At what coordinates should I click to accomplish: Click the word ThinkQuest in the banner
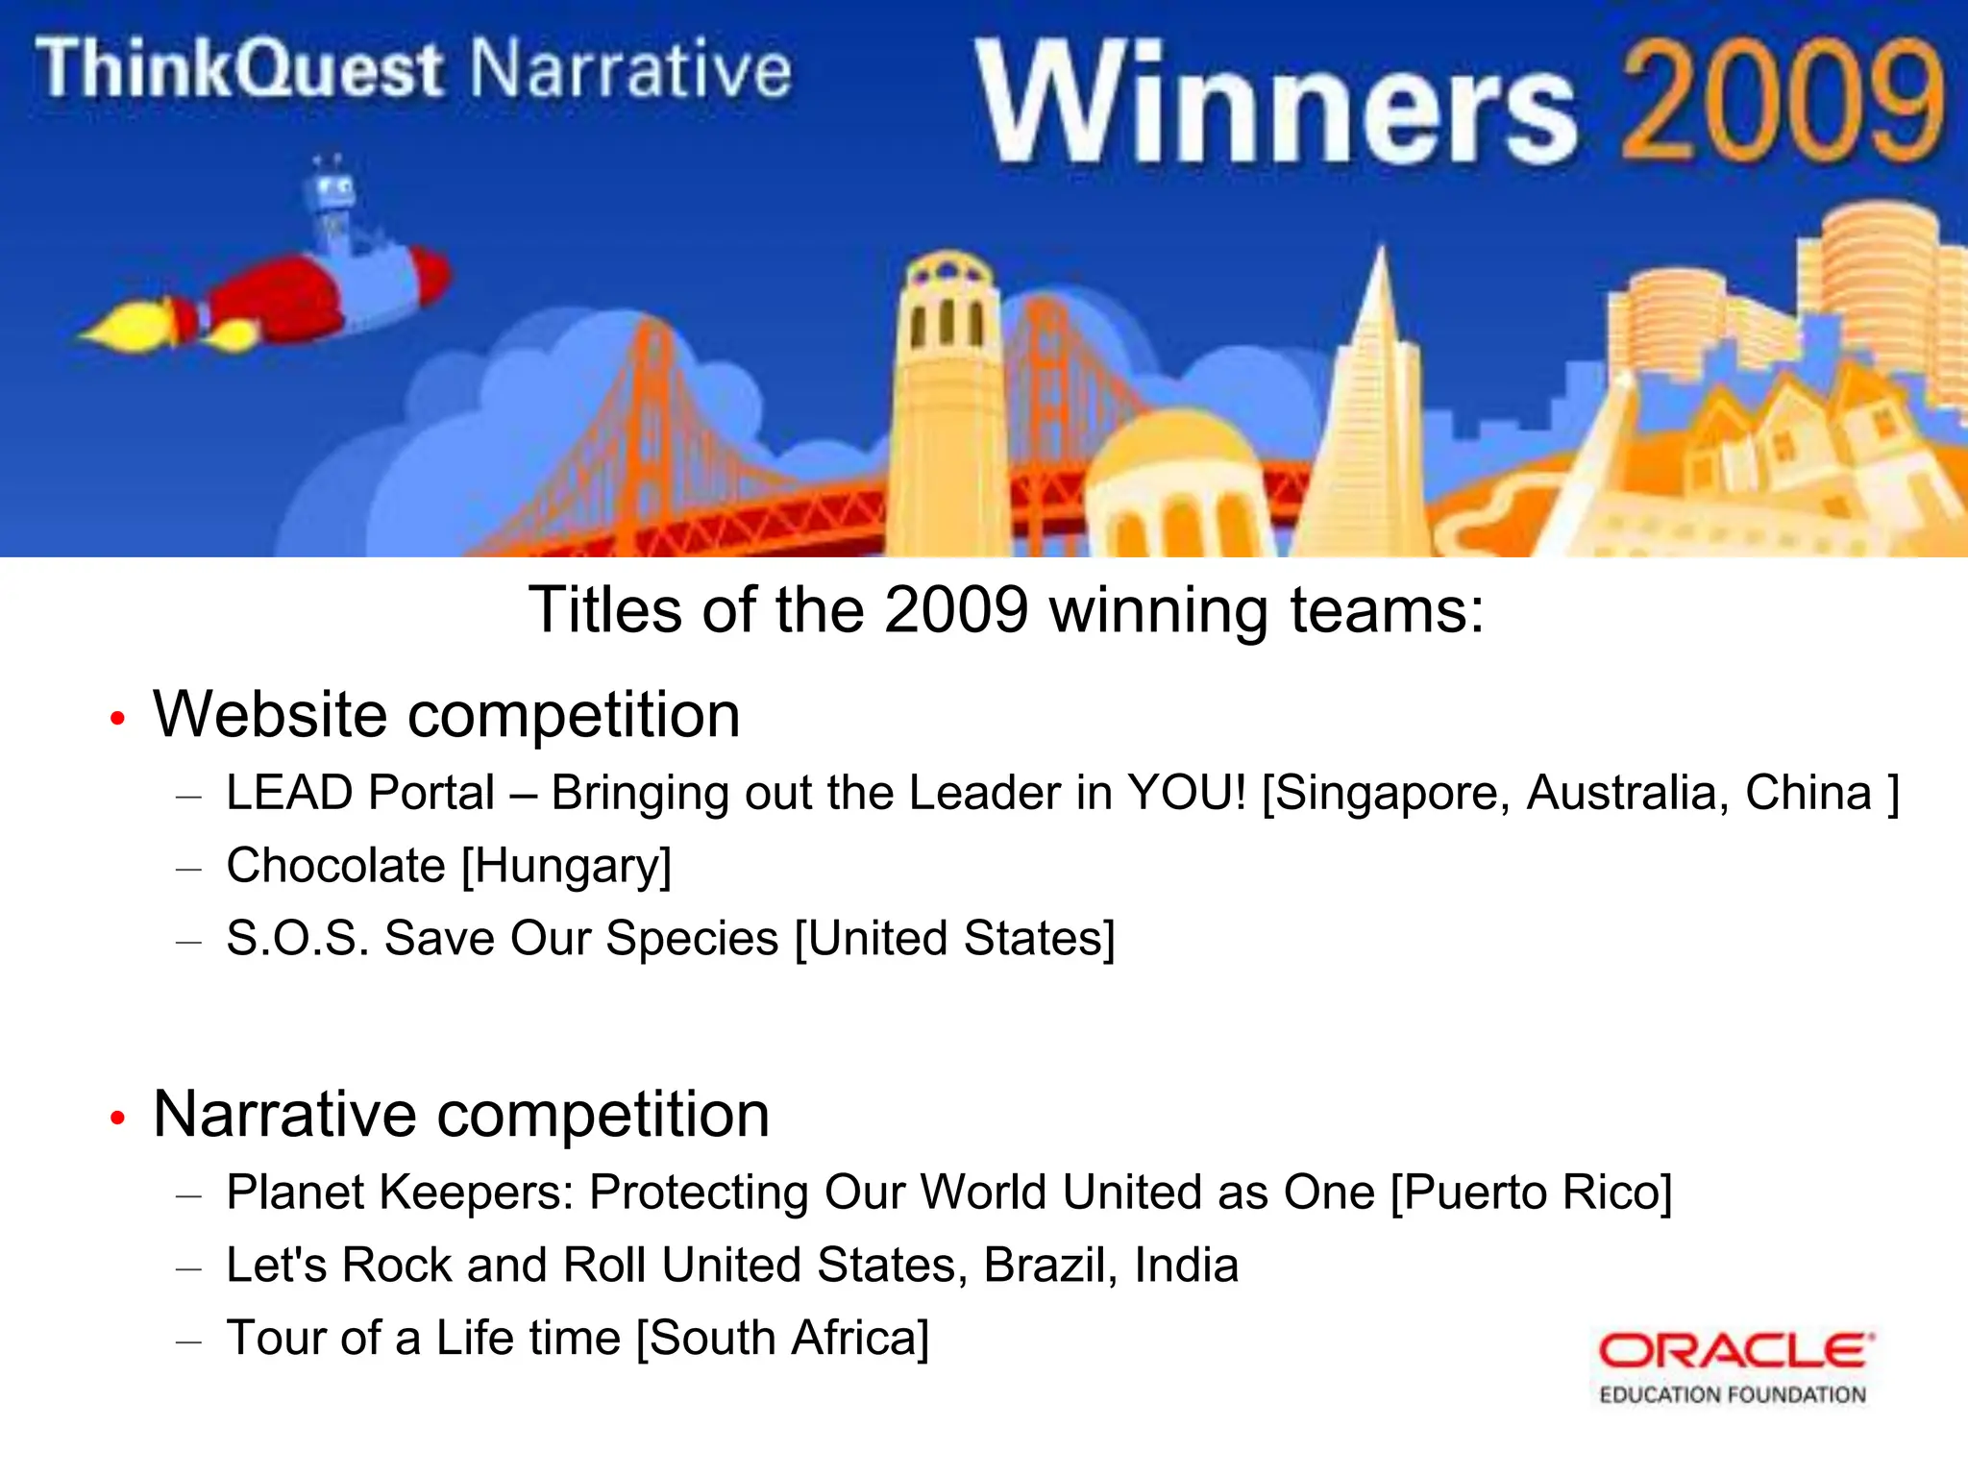point(240,69)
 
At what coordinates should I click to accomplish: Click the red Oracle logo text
point(1735,1350)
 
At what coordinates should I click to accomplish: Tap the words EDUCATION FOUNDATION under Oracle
point(1732,1394)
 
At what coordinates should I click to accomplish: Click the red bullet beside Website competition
point(117,718)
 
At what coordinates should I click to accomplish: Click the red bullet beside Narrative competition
point(117,1117)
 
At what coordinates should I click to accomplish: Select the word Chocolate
point(335,865)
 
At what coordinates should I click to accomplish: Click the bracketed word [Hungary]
point(566,866)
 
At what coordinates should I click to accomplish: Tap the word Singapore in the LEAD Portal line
point(1385,794)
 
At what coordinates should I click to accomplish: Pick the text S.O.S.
point(297,938)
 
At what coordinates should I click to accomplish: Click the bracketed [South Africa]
point(783,1338)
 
